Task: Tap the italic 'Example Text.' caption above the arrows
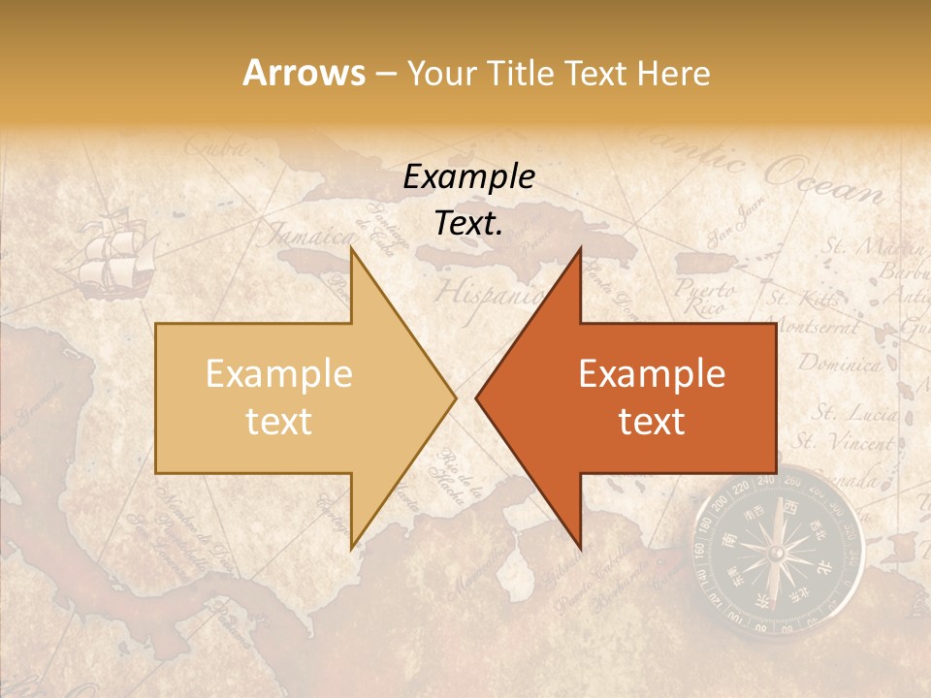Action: (469, 200)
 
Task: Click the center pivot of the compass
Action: (776, 554)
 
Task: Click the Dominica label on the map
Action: (840, 365)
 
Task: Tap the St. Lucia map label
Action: (853, 414)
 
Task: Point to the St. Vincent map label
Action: (842, 443)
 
